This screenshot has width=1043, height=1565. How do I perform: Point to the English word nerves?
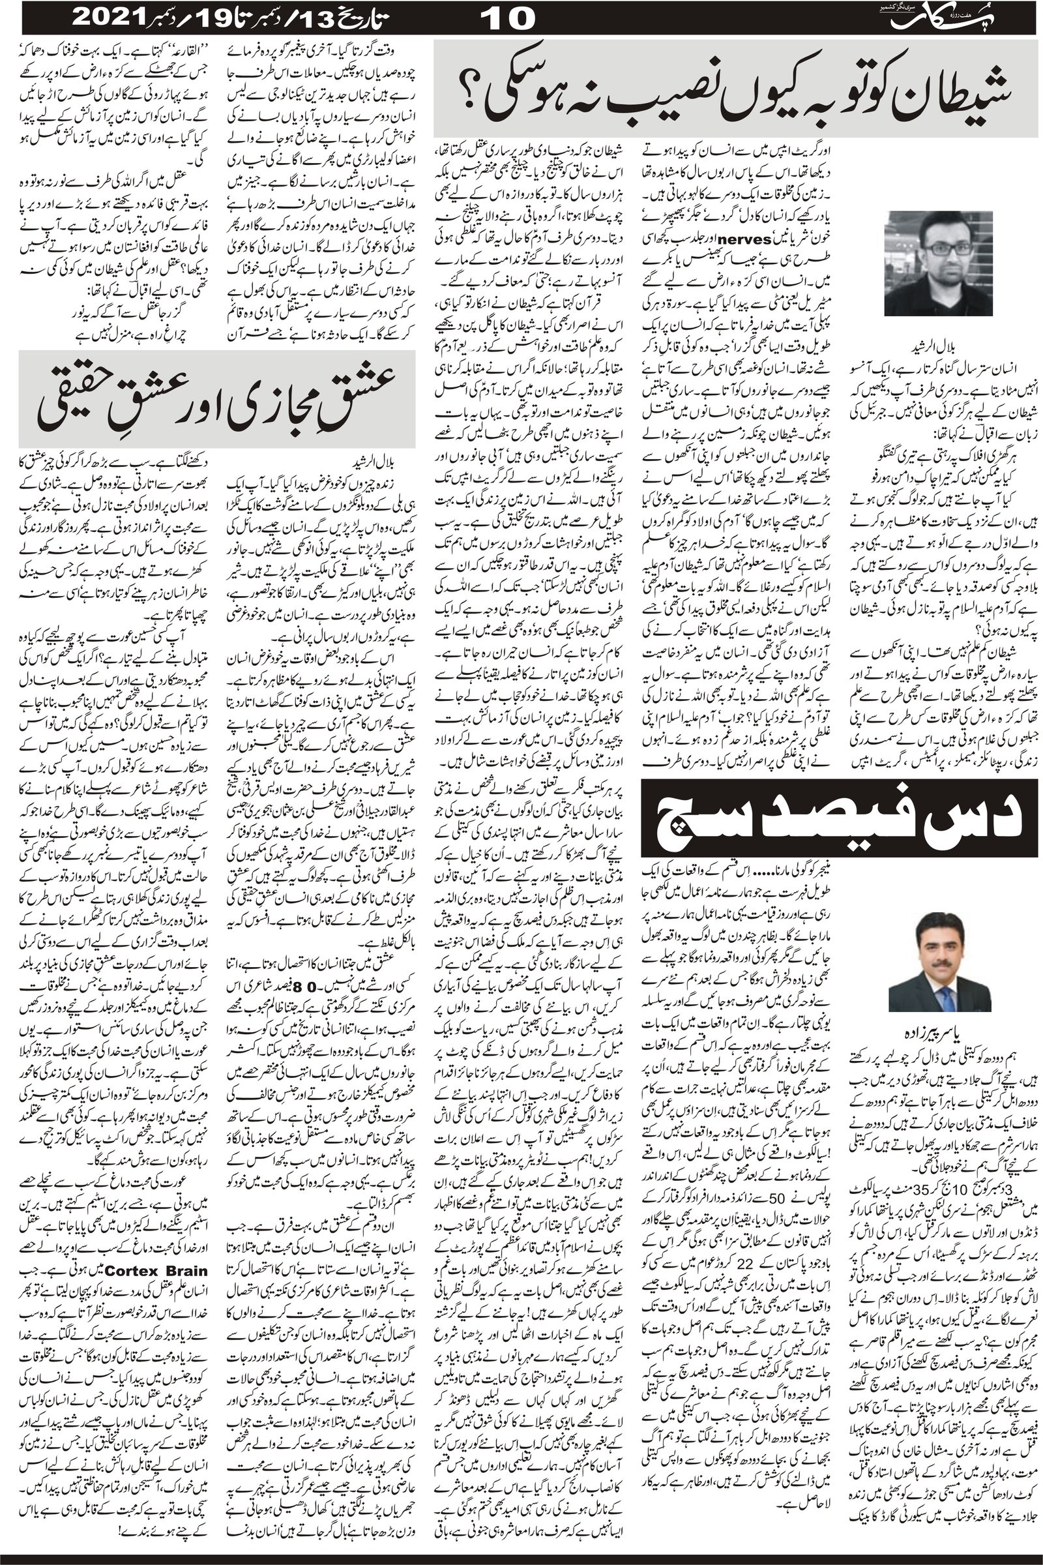pyautogui.click(x=749, y=237)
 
